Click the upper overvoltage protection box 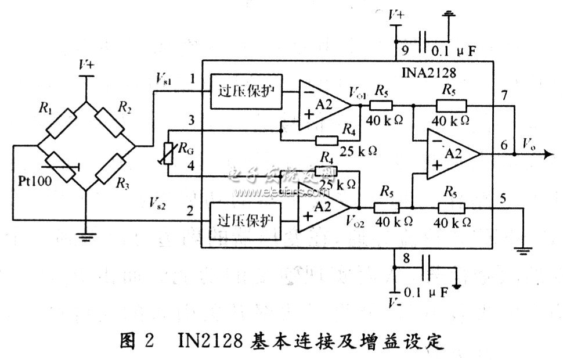(246, 91)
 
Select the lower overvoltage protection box (246, 221)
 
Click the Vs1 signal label (165, 77)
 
